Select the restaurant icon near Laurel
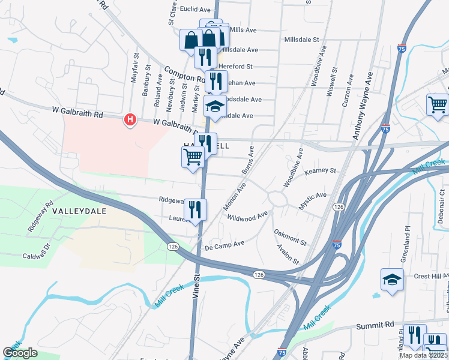coord(195,209)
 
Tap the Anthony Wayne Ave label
coord(364,106)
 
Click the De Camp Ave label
coord(224,244)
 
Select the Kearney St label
coord(320,171)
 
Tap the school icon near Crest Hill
coord(392,279)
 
